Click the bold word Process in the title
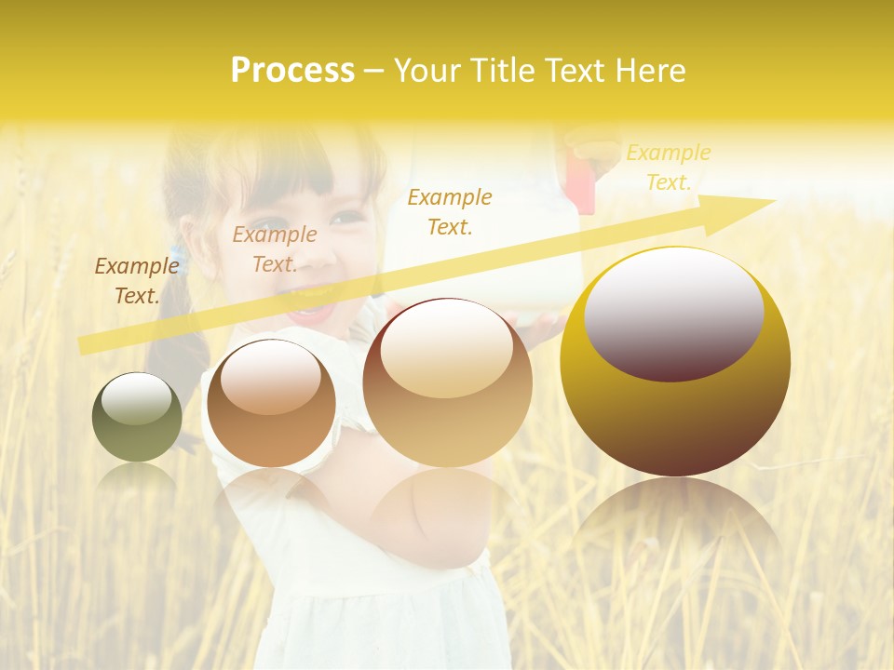pyautogui.click(x=292, y=71)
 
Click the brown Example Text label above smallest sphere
pyautogui.click(x=136, y=280)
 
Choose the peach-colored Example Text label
pyautogui.click(x=274, y=248)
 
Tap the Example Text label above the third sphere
pyautogui.click(x=450, y=211)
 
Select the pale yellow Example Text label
pyautogui.click(x=668, y=167)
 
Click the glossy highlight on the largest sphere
pyautogui.click(x=674, y=315)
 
